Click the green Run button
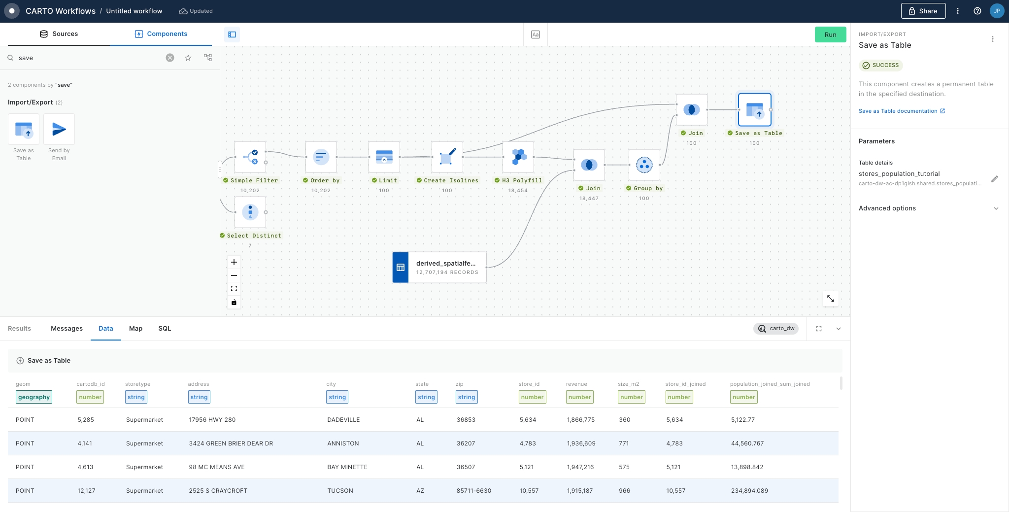(x=830, y=34)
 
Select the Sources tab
(x=59, y=34)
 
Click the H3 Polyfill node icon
(x=518, y=157)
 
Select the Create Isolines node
(x=447, y=157)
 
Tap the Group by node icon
(x=644, y=165)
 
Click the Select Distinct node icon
(x=250, y=212)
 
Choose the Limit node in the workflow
(x=384, y=157)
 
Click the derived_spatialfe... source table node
(x=439, y=268)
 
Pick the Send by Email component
(x=59, y=137)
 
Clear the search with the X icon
(x=170, y=58)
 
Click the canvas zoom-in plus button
(x=234, y=262)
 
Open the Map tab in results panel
(x=135, y=329)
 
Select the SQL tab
(x=165, y=329)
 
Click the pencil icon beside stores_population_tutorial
(x=995, y=179)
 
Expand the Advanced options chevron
(x=996, y=208)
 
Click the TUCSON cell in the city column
(x=340, y=491)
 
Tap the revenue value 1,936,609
(x=581, y=444)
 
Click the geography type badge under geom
(x=34, y=397)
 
